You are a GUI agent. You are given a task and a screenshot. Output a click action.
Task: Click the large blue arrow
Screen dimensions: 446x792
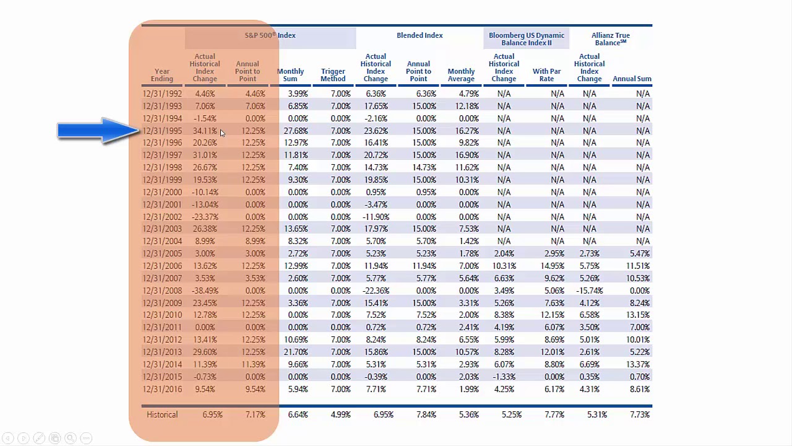pyautogui.click(x=99, y=131)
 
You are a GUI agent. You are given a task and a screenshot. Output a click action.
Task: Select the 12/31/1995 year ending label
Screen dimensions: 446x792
pyautogui.click(x=162, y=131)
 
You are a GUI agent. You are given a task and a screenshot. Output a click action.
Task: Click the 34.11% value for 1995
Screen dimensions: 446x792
pyautogui.click(x=205, y=131)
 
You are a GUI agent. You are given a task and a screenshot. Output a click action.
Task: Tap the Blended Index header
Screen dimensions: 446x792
pyautogui.click(x=420, y=35)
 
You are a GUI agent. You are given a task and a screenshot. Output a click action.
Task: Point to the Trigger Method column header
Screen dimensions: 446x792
pyautogui.click(x=333, y=75)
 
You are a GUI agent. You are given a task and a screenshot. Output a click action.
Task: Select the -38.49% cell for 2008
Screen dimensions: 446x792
pyautogui.click(x=205, y=291)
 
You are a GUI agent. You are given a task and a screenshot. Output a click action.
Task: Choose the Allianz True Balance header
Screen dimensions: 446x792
pyautogui.click(x=611, y=39)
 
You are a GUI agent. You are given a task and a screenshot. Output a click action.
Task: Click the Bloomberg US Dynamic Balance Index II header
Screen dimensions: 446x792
pyautogui.click(x=527, y=39)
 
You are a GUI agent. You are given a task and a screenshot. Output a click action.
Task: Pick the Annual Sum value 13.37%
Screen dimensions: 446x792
pyautogui.click(x=638, y=364)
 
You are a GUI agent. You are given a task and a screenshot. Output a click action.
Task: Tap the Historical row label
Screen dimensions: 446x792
pyautogui.click(x=162, y=414)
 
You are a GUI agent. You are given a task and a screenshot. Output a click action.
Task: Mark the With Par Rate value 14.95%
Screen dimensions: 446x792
pyautogui.click(x=552, y=266)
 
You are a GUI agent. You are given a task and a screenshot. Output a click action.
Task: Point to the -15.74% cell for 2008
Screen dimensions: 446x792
pyautogui.click(x=589, y=291)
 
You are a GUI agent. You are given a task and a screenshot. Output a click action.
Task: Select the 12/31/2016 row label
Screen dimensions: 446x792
pyautogui.click(x=162, y=389)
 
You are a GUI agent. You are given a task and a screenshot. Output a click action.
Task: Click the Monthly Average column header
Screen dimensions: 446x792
pyautogui.click(x=461, y=75)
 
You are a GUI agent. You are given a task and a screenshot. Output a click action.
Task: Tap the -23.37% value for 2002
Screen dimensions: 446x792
pyautogui.click(x=205, y=217)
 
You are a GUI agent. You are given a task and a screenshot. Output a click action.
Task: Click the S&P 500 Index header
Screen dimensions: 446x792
pyautogui.click(x=270, y=35)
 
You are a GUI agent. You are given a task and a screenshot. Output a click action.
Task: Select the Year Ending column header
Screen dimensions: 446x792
pyautogui.click(x=162, y=75)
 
